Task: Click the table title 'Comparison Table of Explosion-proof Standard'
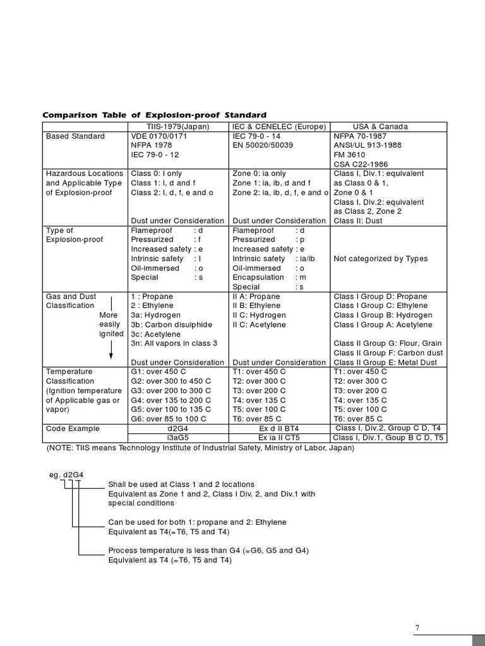click(x=154, y=115)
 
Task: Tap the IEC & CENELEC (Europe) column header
click(x=279, y=126)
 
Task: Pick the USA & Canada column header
click(x=380, y=126)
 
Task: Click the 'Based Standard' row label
click(x=75, y=136)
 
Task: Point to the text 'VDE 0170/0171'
click(x=159, y=136)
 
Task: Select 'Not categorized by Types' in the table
click(x=380, y=259)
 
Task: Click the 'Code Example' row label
click(x=73, y=428)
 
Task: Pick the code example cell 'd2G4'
click(x=179, y=428)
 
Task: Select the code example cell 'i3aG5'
click(x=179, y=438)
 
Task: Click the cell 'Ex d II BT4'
click(x=279, y=428)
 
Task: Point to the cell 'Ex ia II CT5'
click(x=279, y=438)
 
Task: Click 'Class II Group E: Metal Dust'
click(x=385, y=363)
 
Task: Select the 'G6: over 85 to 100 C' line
click(x=169, y=419)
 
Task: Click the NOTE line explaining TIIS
click(x=200, y=448)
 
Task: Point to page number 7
click(x=417, y=627)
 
